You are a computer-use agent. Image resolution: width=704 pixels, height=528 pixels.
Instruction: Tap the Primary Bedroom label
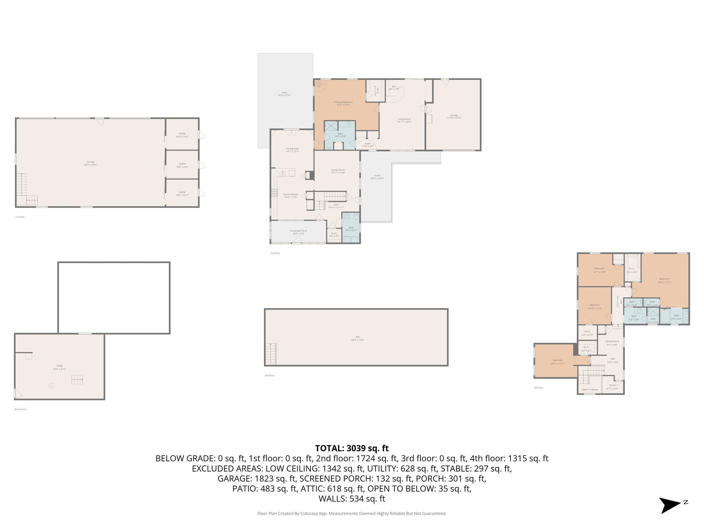pyautogui.click(x=343, y=103)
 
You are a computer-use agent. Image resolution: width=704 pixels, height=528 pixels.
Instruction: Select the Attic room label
pyautogui.click(x=358, y=338)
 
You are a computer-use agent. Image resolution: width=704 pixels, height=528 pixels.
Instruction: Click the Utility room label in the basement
pyautogui.click(x=59, y=367)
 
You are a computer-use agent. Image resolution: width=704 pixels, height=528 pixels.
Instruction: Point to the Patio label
pyautogui.click(x=284, y=94)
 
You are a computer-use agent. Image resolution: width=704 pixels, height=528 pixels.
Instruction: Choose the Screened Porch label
pyautogui.click(x=298, y=232)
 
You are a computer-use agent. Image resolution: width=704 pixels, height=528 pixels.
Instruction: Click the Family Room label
pyautogui.click(x=338, y=171)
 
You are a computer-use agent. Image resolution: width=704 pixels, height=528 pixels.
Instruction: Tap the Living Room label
pyautogui.click(x=404, y=120)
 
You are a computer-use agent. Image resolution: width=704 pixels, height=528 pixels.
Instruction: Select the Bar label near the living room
pyautogui.click(x=394, y=88)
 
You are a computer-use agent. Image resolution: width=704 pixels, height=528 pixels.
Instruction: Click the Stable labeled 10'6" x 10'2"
pyautogui.click(x=182, y=135)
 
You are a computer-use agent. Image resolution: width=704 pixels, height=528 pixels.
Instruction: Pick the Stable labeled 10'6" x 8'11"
pyautogui.click(x=182, y=194)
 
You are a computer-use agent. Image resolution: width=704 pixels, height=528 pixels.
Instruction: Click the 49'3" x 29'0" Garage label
pyautogui.click(x=90, y=163)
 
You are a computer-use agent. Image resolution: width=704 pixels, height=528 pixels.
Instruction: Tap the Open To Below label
pyautogui.click(x=590, y=389)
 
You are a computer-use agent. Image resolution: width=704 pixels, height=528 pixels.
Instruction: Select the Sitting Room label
pyautogui.click(x=612, y=343)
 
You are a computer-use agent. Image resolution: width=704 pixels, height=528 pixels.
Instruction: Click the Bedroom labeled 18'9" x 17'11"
pyautogui.click(x=664, y=280)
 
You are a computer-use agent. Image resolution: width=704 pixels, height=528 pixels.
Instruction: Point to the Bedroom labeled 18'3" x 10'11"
pyautogui.click(x=558, y=362)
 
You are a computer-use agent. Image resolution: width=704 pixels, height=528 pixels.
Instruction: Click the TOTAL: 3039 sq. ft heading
pyautogui.click(x=352, y=448)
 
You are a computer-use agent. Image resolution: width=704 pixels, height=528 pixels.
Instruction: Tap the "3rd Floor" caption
pyautogui.click(x=269, y=375)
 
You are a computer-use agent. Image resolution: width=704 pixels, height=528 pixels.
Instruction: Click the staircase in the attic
pyautogui.click(x=271, y=354)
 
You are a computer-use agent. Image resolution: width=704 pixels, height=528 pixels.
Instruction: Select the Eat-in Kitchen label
pyautogui.click(x=291, y=196)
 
